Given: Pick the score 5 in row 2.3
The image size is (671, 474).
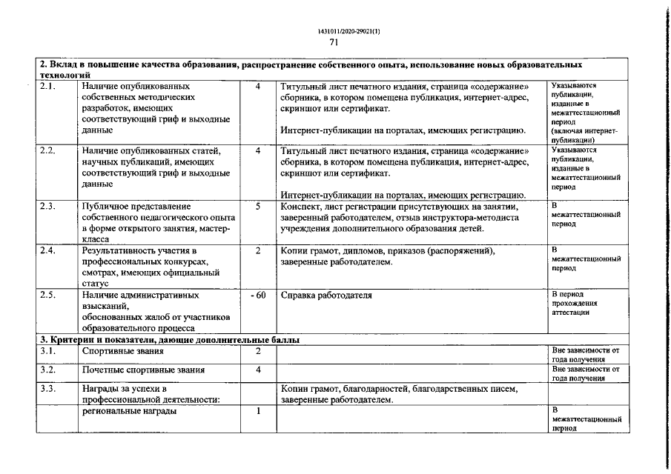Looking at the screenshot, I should point(257,207).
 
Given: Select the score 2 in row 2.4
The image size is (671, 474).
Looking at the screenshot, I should point(257,251).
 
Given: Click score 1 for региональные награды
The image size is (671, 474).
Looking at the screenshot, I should point(257,412).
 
